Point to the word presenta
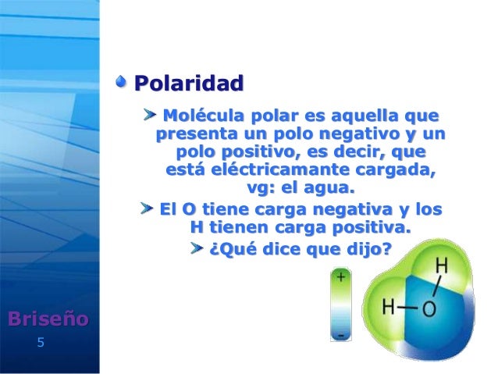point(193,134)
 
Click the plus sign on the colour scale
point(341,276)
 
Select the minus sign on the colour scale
point(341,335)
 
